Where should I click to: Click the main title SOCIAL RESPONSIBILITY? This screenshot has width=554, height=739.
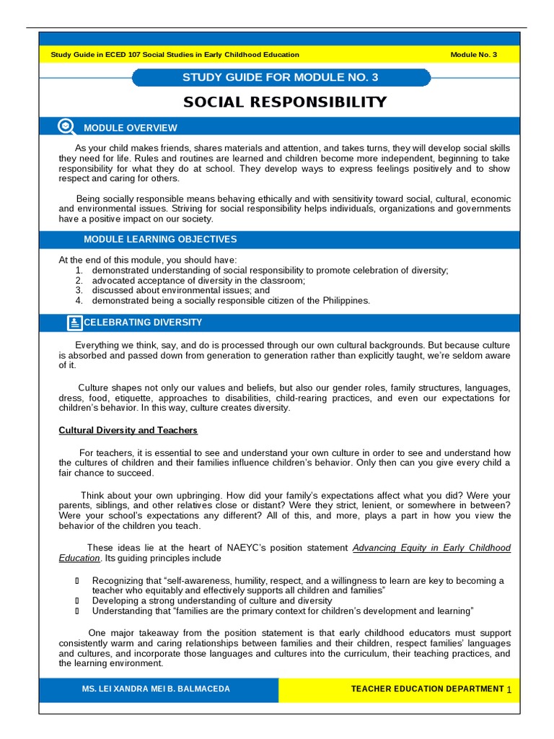point(285,102)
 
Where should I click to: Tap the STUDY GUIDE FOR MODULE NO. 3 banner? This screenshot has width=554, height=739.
point(281,77)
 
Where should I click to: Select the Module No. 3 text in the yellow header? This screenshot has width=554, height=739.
point(473,55)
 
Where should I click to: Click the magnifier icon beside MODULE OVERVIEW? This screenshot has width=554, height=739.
point(66,127)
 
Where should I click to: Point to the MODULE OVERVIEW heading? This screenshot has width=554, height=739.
point(130,128)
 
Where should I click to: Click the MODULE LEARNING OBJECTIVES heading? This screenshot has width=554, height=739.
point(160,240)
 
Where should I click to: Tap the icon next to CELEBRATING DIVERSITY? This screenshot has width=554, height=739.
point(74,323)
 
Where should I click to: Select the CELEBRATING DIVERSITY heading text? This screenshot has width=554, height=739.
point(143,323)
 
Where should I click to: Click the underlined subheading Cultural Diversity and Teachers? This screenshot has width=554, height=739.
point(128,431)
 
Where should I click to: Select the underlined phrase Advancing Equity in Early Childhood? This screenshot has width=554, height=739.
point(431,548)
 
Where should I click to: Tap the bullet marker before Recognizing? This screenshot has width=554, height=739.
point(77,581)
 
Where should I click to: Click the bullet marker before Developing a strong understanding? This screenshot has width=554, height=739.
point(77,600)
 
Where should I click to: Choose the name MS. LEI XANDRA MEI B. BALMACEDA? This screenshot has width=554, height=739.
point(157,689)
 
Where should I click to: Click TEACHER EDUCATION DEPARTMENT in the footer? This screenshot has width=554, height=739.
point(427,689)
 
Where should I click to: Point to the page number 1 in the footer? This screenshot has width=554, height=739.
point(509,691)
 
